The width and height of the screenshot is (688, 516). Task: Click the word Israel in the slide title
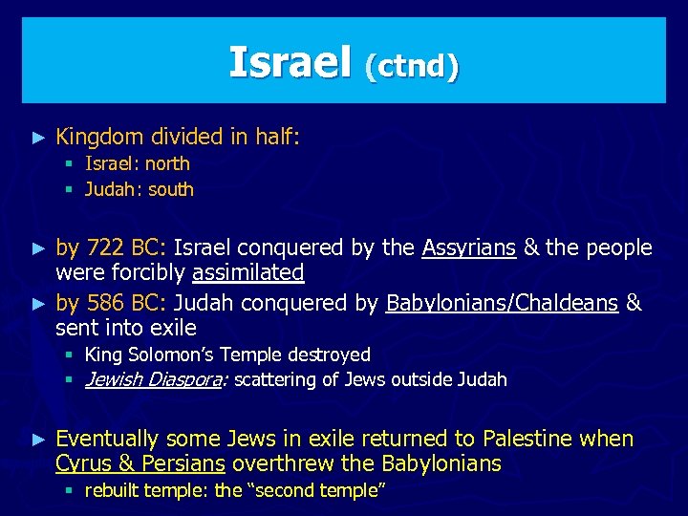tap(290, 63)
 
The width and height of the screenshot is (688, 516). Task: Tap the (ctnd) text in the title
tap(412, 66)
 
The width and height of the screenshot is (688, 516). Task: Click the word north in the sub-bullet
tap(167, 164)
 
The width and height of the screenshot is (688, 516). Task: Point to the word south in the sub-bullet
tap(170, 189)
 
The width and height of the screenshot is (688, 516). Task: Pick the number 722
tap(105, 248)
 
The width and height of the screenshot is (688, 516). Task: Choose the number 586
tap(105, 304)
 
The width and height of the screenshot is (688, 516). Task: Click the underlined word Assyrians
tap(468, 248)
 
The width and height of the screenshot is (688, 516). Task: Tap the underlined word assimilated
tap(247, 273)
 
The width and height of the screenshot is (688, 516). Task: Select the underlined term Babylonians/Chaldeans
tap(502, 304)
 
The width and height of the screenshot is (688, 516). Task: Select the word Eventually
tap(106, 440)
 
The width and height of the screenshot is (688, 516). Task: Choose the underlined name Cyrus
tap(82, 464)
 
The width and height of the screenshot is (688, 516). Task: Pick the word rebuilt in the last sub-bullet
tap(113, 491)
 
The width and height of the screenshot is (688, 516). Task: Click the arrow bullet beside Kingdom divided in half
tap(38, 139)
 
